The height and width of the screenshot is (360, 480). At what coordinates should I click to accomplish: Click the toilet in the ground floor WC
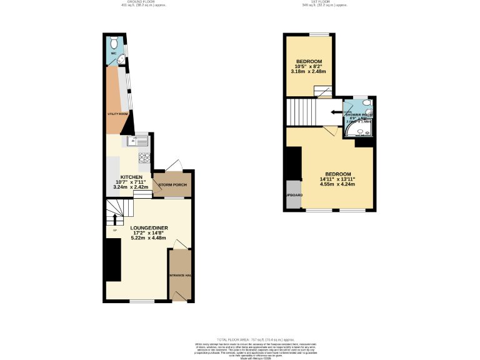114,44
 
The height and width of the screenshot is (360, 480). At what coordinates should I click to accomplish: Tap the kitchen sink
134,141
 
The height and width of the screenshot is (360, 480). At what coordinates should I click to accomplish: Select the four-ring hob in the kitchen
144,157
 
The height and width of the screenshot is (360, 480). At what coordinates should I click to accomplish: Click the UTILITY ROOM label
117,114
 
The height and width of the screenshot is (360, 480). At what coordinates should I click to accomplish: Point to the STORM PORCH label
172,185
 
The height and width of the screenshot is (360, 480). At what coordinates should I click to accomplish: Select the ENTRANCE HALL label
179,275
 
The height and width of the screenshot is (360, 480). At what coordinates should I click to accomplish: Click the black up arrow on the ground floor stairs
114,219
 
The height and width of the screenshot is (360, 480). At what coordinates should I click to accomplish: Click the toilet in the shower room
367,103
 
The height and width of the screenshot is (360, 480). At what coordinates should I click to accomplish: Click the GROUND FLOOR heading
137,1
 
